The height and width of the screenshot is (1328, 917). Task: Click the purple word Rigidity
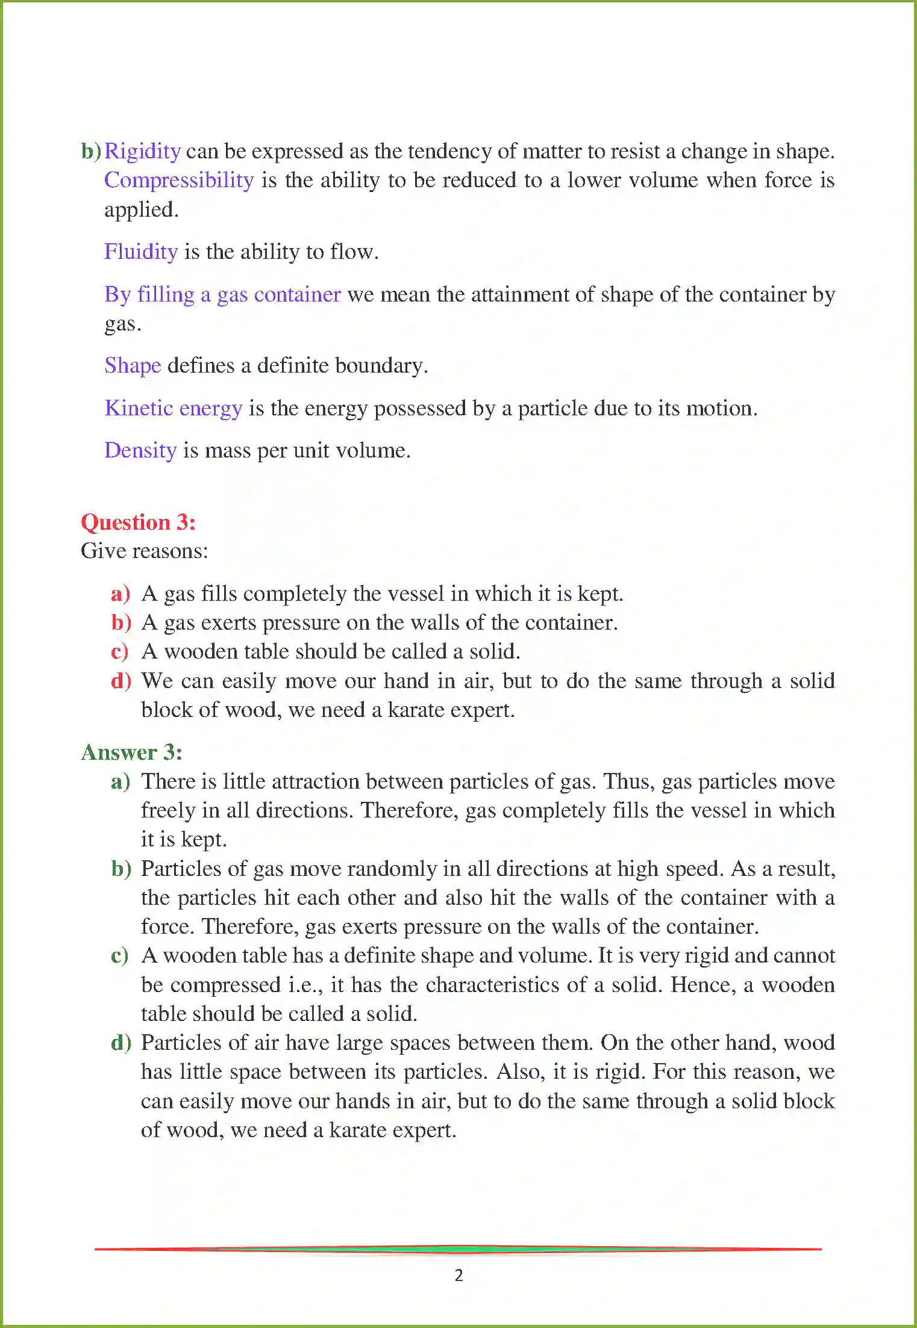point(142,151)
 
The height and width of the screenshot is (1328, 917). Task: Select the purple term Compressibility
point(179,181)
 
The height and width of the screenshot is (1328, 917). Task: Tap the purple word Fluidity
point(141,252)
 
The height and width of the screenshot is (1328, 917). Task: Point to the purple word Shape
point(133,365)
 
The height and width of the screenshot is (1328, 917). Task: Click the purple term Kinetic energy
point(174,408)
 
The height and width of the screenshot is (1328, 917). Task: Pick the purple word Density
point(140,450)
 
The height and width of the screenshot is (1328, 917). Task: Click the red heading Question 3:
point(139,522)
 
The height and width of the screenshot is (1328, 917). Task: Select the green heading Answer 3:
point(131,752)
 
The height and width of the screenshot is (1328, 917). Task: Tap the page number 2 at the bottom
point(458,1275)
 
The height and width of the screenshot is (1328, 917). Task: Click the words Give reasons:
point(145,551)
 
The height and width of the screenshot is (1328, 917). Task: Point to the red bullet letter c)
point(120,651)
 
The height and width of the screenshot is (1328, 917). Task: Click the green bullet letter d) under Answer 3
point(121,1043)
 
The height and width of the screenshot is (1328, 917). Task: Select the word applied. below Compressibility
point(142,209)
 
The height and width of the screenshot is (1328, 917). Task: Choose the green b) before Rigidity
point(91,151)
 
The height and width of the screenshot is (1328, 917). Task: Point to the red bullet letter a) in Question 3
point(120,594)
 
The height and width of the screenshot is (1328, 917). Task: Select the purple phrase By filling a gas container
point(222,294)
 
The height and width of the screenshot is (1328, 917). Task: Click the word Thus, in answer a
point(629,781)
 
